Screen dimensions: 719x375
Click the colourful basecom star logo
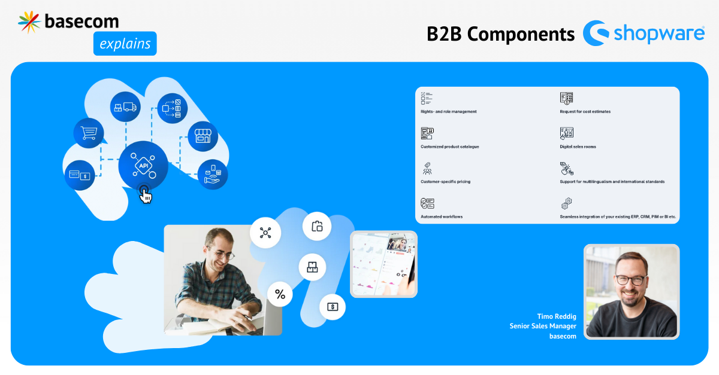(x=29, y=22)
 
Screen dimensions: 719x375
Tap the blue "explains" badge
(x=125, y=44)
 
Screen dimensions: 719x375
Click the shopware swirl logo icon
(x=596, y=33)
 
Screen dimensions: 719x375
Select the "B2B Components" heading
(x=500, y=34)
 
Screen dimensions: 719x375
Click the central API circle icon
(x=143, y=166)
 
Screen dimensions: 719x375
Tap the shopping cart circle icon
(x=89, y=133)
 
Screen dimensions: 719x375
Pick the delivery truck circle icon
(x=125, y=106)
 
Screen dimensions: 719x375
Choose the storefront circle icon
(x=203, y=136)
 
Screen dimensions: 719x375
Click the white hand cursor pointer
(x=146, y=196)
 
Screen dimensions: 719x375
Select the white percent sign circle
(x=280, y=294)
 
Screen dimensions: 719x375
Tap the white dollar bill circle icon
(x=333, y=307)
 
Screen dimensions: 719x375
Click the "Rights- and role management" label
(x=448, y=111)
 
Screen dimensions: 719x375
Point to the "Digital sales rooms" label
(x=578, y=147)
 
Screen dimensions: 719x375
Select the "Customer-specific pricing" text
(x=445, y=181)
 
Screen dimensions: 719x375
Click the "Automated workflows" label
(x=442, y=217)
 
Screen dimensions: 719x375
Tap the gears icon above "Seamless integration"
(x=567, y=203)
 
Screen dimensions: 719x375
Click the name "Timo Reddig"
(x=557, y=316)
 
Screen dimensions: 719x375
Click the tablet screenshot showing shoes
(x=383, y=264)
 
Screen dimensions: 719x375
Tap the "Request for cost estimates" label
(x=585, y=111)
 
